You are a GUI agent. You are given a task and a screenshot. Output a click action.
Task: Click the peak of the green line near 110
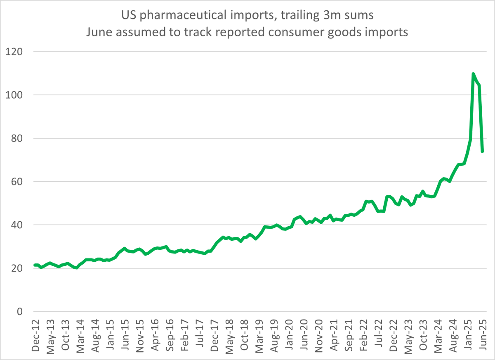(x=473, y=74)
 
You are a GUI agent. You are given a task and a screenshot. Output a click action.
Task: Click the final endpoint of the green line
(x=482, y=152)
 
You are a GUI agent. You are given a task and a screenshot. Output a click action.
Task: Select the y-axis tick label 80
(x=17, y=138)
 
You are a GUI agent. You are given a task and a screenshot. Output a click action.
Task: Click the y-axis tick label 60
(x=17, y=182)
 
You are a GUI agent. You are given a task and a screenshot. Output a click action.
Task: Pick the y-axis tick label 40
(x=17, y=225)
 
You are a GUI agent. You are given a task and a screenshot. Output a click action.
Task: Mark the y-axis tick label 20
(x=17, y=268)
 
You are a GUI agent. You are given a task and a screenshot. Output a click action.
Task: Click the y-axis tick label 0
(x=20, y=312)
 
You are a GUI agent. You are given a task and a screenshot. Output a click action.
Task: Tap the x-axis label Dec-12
(x=35, y=335)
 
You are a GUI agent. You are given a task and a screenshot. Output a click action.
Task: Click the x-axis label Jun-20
(x=304, y=335)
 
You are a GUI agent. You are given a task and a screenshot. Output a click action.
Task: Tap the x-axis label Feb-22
(x=363, y=335)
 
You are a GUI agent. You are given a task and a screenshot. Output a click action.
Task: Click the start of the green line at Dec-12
(x=35, y=265)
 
